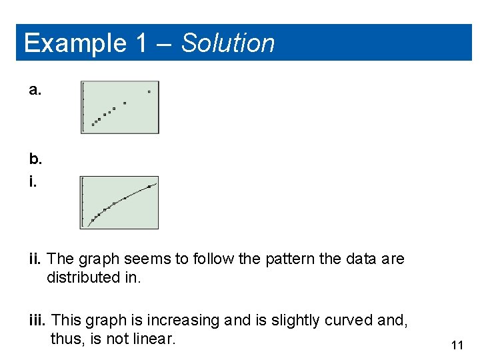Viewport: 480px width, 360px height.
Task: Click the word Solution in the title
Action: (x=227, y=43)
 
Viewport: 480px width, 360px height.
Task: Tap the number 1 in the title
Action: (x=141, y=43)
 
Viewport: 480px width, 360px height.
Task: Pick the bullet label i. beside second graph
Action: (x=32, y=179)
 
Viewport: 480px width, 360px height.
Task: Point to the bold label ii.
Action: (x=36, y=259)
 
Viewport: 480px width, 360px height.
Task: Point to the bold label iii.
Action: (x=38, y=321)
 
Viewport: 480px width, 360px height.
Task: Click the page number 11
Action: (x=457, y=345)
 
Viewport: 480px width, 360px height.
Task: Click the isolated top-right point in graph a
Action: (x=149, y=91)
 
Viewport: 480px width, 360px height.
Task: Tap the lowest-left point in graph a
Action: (x=93, y=125)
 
